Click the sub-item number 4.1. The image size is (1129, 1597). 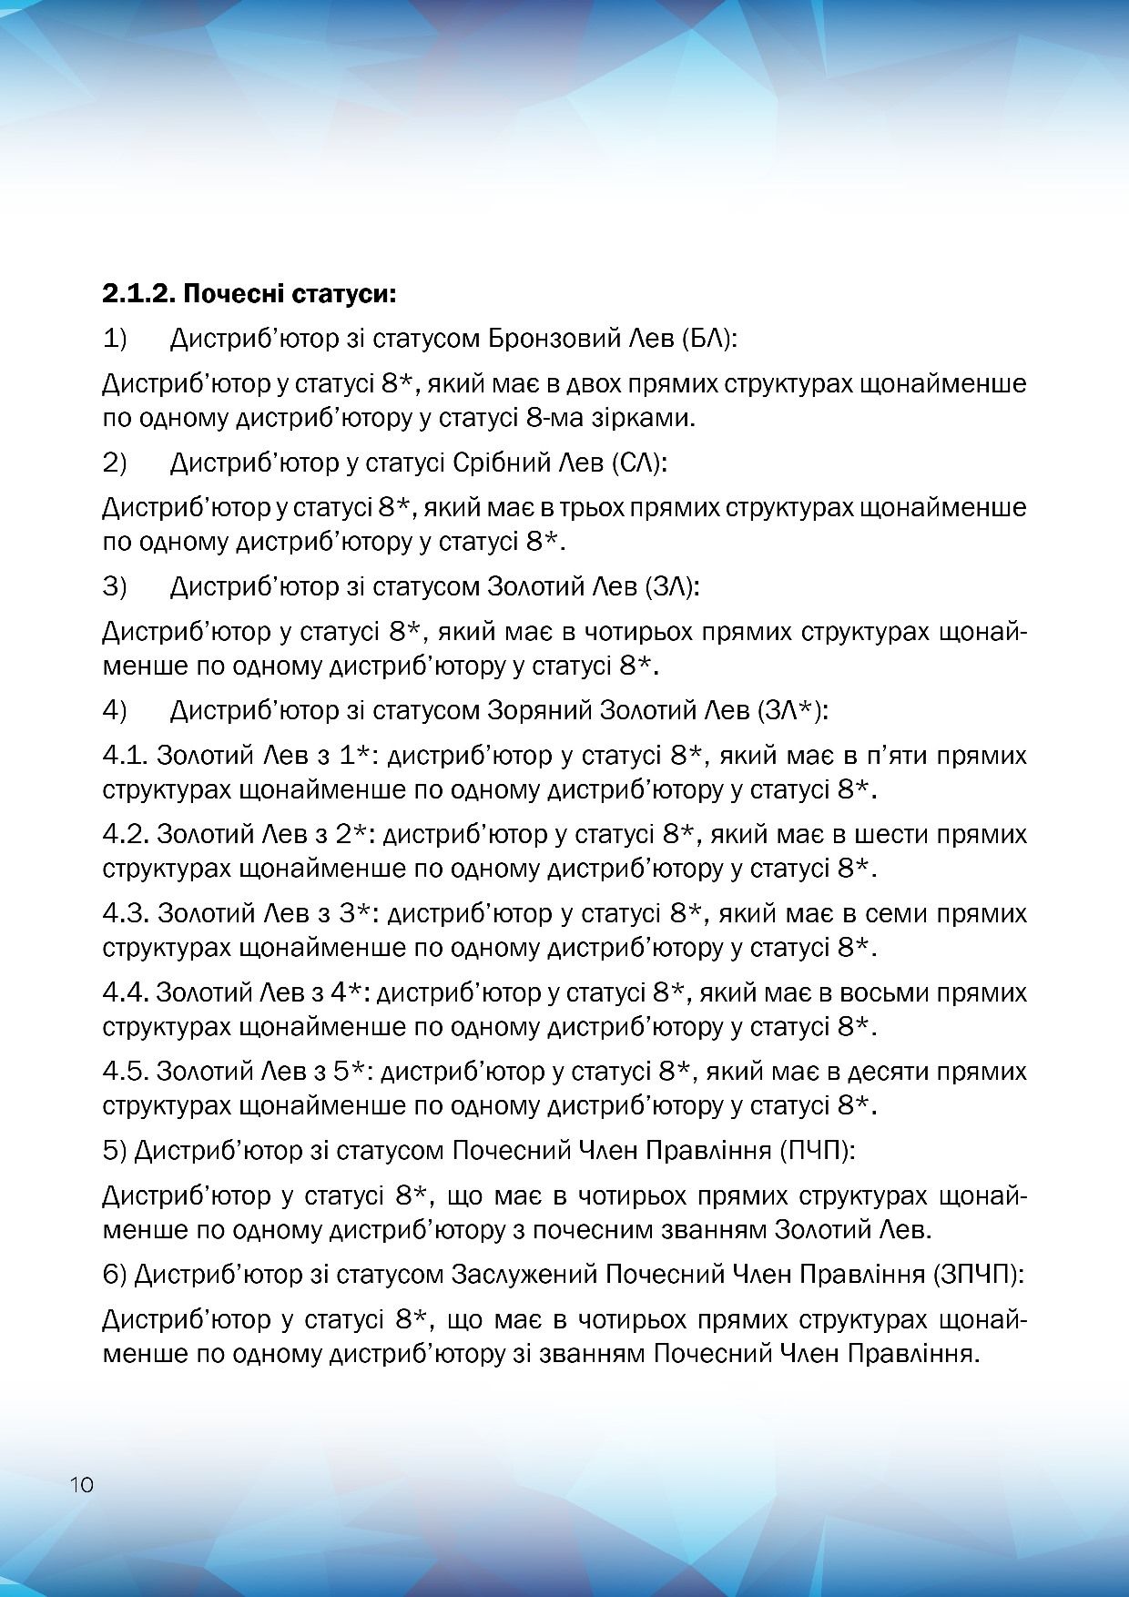point(125,756)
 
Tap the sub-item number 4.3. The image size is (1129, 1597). point(125,913)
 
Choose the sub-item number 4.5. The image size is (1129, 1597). point(125,1072)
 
